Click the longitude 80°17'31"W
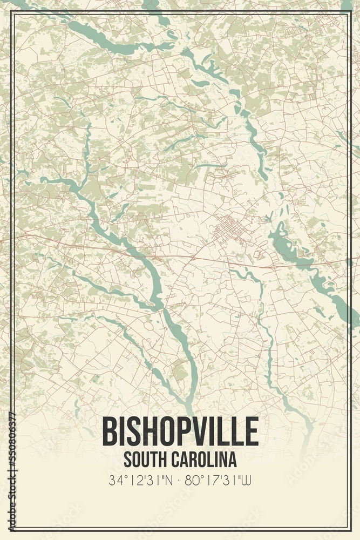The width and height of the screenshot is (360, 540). [x=219, y=478]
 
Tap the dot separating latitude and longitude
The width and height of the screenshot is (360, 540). [x=180, y=479]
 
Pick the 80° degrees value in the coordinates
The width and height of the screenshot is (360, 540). [x=195, y=478]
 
